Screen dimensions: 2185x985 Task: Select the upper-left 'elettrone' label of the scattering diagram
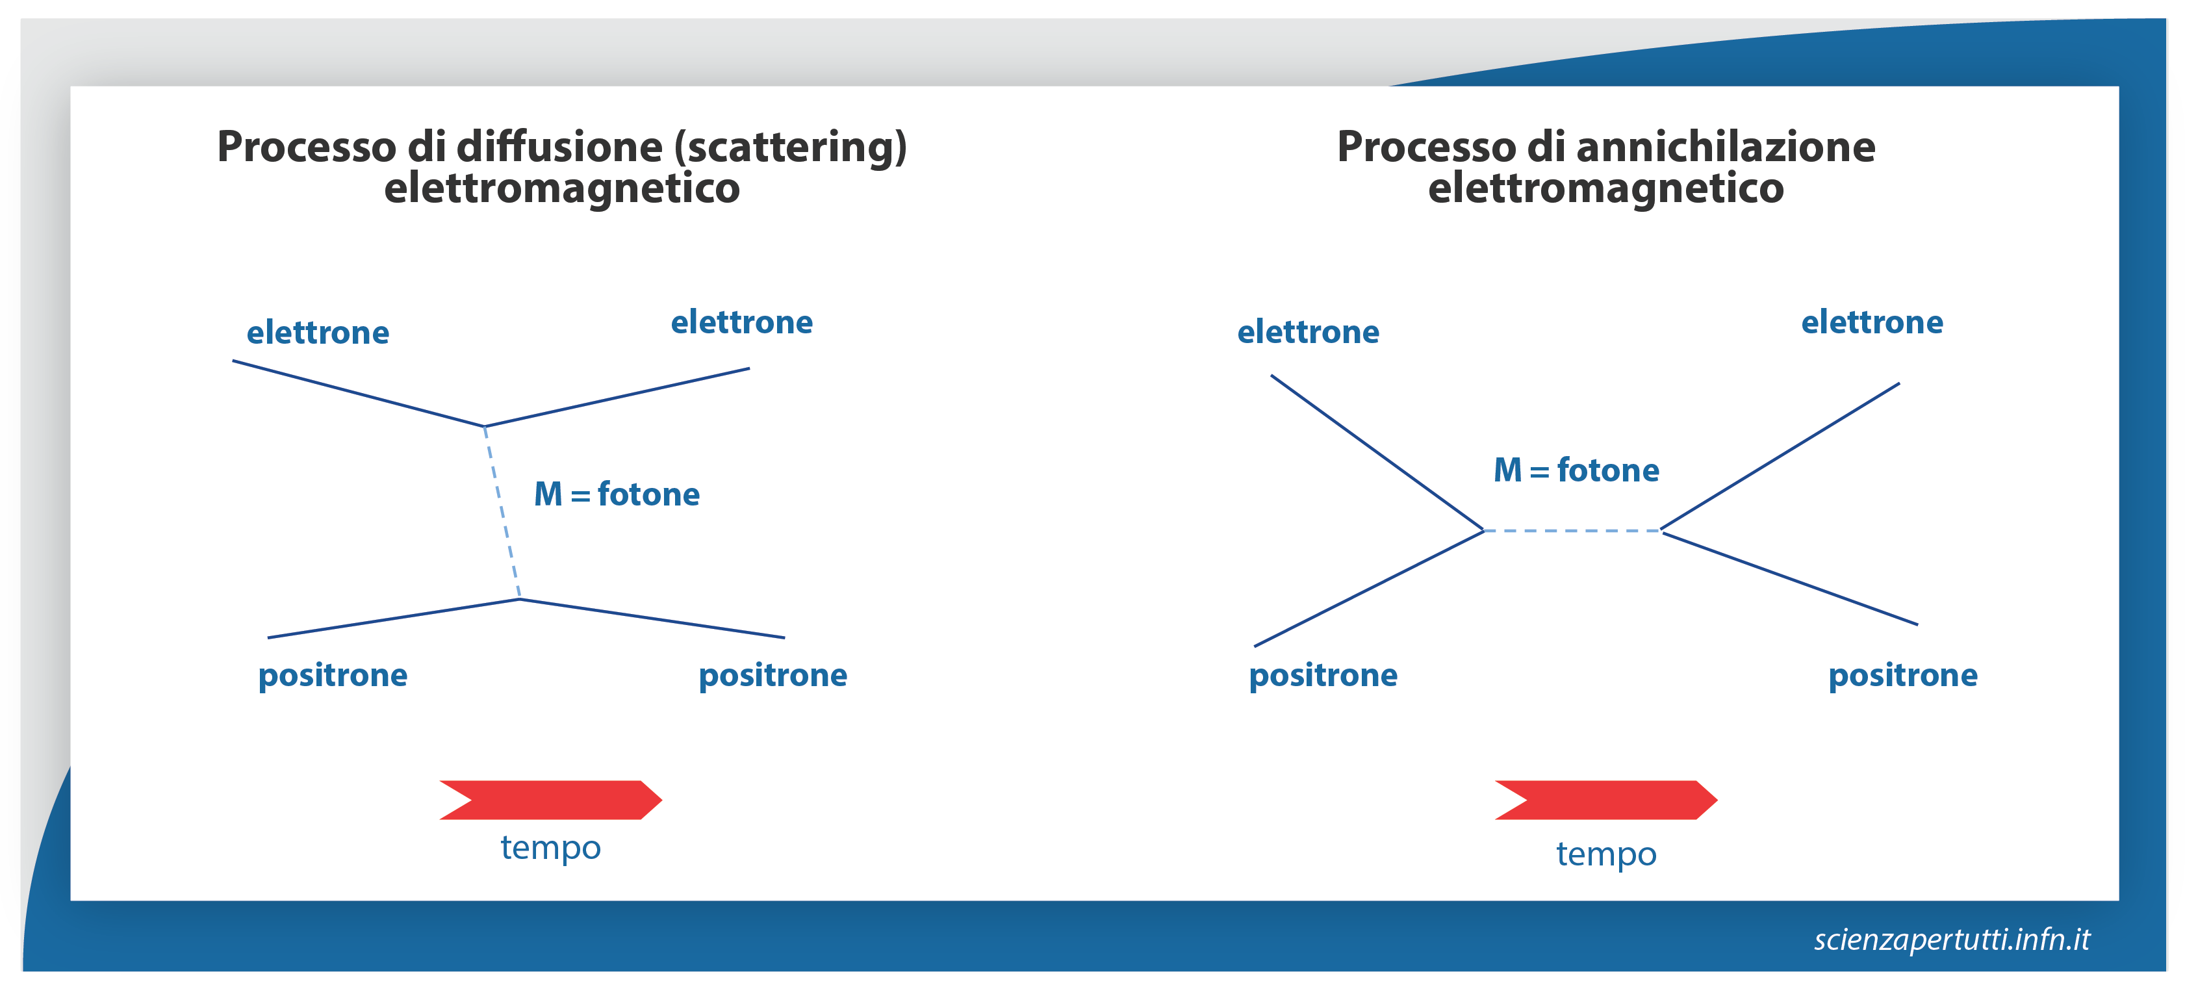(x=318, y=333)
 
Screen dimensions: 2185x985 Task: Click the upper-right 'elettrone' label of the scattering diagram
(x=742, y=322)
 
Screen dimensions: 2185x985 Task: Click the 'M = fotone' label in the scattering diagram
(x=617, y=494)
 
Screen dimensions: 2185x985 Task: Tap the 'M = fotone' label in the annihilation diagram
(x=1576, y=470)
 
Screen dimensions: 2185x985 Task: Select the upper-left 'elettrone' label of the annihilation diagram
(x=1309, y=332)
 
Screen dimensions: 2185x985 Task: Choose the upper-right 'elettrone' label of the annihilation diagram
(x=1872, y=322)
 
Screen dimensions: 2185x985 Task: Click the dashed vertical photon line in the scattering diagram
(x=502, y=513)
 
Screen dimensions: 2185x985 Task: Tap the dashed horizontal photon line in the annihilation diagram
(x=1572, y=531)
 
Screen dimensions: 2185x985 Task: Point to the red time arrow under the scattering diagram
(x=550, y=800)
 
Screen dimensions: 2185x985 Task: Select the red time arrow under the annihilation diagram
(x=1605, y=800)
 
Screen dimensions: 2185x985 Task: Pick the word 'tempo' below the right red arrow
(x=1605, y=854)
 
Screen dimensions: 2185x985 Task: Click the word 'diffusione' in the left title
(x=560, y=147)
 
